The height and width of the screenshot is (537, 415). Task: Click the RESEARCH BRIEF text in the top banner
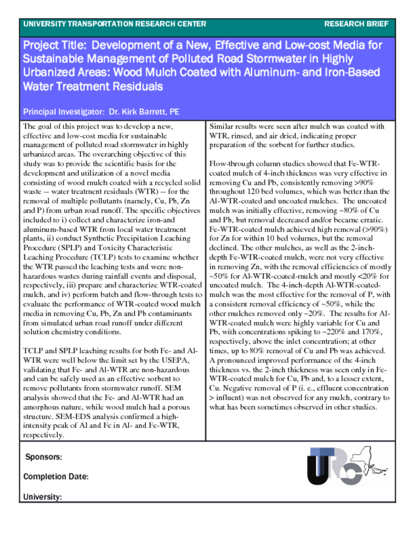coord(356,24)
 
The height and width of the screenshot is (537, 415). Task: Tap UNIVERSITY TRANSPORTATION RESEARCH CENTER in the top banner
coord(115,24)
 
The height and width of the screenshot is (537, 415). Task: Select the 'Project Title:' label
coord(56,46)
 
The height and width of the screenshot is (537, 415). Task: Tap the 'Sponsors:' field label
coord(44,457)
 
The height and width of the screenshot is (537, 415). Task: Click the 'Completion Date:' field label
coord(56,477)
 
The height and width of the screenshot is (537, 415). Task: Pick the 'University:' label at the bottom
coord(42,497)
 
